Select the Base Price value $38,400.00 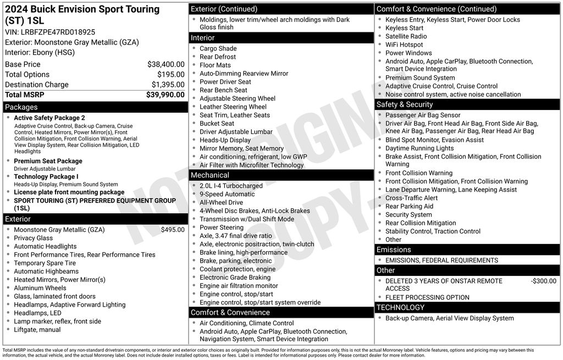pyautogui.click(x=165, y=64)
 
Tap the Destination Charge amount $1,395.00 pyautogui.click(x=168, y=85)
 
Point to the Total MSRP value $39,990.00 pyautogui.click(x=165, y=95)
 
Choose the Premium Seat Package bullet pyautogui.click(x=48, y=161)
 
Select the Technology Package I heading pyautogui.click(x=46, y=176)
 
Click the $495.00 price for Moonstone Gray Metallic pyautogui.click(x=173, y=230)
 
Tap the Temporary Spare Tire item pyautogui.click(x=45, y=263)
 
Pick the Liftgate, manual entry pyautogui.click(x=37, y=330)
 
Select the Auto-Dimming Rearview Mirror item pyautogui.click(x=244, y=74)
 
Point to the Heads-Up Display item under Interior pyautogui.click(x=225, y=140)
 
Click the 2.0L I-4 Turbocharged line pyautogui.click(x=231, y=186)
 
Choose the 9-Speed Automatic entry pyautogui.click(x=227, y=194)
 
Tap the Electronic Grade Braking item pyautogui.click(x=235, y=278)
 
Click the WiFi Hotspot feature pyautogui.click(x=404, y=45)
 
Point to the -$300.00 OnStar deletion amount pyautogui.click(x=543, y=281)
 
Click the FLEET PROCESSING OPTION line pyautogui.click(x=427, y=297)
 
